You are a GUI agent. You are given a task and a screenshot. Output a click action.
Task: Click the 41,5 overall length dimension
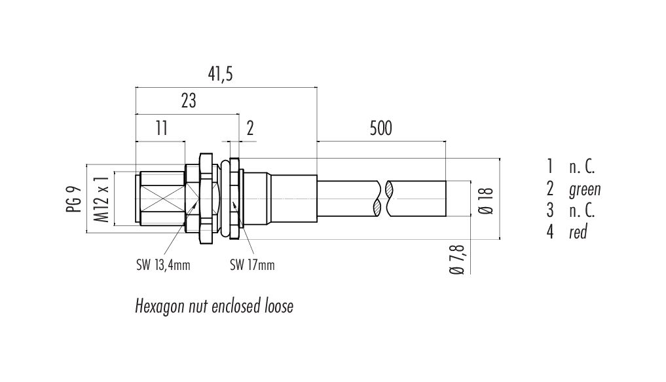click(x=220, y=74)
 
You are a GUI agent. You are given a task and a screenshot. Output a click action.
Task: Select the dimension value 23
click(x=189, y=101)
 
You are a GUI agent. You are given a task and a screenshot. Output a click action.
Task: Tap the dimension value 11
click(x=161, y=128)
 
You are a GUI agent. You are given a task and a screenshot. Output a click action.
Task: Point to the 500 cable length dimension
click(x=380, y=128)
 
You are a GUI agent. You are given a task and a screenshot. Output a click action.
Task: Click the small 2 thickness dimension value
click(x=250, y=128)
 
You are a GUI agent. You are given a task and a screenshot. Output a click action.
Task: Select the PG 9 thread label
click(x=74, y=199)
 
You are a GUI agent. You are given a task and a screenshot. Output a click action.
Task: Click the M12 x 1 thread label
click(x=102, y=199)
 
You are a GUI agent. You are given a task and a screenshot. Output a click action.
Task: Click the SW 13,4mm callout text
click(x=163, y=265)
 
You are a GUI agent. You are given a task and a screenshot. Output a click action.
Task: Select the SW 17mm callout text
click(x=252, y=265)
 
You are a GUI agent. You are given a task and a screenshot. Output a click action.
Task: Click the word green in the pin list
click(x=585, y=189)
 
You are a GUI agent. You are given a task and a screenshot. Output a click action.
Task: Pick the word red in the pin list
click(x=578, y=232)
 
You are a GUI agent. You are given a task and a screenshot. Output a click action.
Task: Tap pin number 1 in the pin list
click(x=550, y=166)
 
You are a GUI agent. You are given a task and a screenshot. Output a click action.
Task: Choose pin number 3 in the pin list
click(x=550, y=210)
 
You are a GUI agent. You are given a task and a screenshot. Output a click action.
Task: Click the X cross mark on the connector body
click(x=161, y=199)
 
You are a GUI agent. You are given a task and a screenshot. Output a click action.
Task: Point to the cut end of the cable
click(x=445, y=199)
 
